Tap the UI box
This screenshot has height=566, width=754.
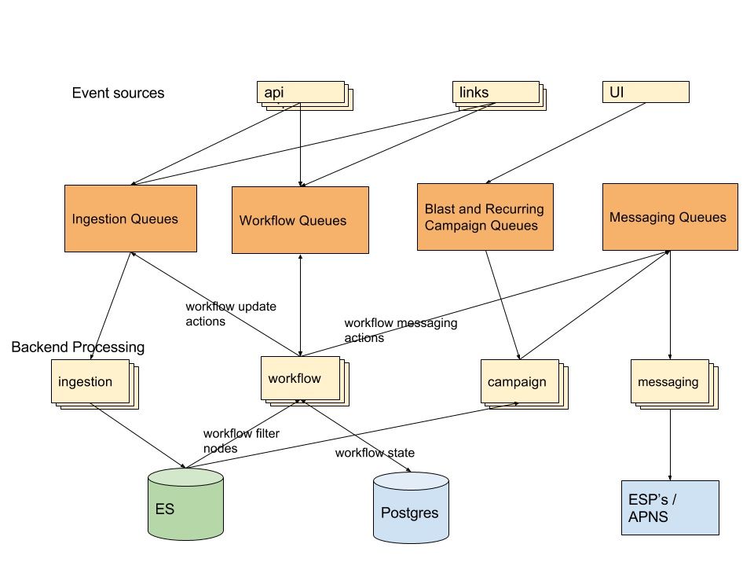click(646, 92)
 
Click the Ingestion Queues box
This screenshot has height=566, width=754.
click(131, 219)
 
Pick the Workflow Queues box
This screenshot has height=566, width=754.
click(301, 220)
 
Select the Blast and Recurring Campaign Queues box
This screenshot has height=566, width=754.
click(485, 217)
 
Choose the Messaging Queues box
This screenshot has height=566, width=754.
click(670, 217)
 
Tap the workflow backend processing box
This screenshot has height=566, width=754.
click(305, 381)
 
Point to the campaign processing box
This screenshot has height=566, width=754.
click(525, 384)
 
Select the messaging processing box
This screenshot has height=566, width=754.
click(675, 384)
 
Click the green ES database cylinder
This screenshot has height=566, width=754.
click(185, 504)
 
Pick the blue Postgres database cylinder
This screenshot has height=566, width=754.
click(411, 508)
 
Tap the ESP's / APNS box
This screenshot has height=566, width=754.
click(670, 508)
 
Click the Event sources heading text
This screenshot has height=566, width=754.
click(119, 93)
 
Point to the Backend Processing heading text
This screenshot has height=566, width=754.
click(78, 347)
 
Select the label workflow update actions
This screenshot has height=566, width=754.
click(231, 314)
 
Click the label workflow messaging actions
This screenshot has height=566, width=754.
click(401, 330)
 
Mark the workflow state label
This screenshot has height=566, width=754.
click(375, 453)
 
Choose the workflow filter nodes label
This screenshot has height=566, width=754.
click(241, 441)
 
